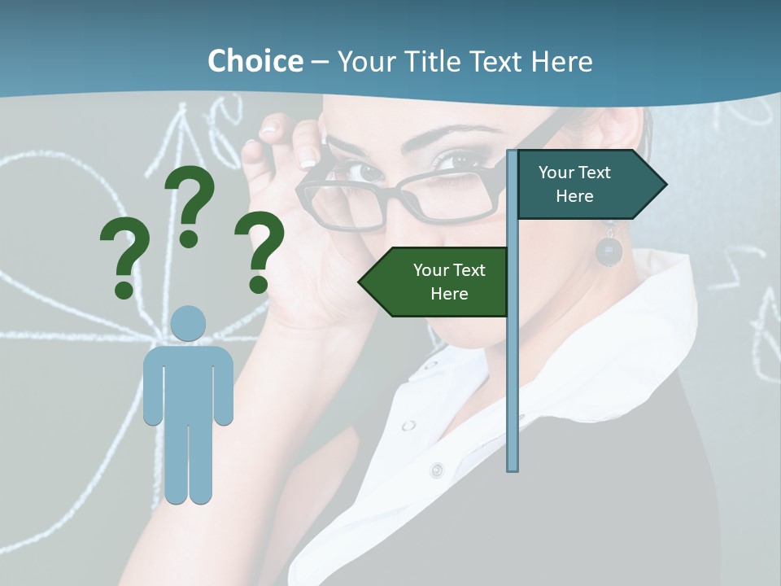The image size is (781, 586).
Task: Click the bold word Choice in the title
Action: click(x=255, y=62)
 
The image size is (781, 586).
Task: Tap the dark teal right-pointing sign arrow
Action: click(x=590, y=185)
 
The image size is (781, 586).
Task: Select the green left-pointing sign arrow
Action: click(x=435, y=282)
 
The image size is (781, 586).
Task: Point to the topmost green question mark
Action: click(x=190, y=203)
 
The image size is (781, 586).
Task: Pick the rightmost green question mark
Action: click(x=260, y=250)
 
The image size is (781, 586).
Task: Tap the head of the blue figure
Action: click(x=188, y=323)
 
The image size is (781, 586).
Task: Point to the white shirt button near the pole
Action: click(x=437, y=470)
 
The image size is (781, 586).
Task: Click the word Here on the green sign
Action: click(x=449, y=294)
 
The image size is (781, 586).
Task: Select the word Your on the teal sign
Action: click(x=556, y=173)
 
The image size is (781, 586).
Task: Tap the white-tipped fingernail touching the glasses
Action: click(x=308, y=156)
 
